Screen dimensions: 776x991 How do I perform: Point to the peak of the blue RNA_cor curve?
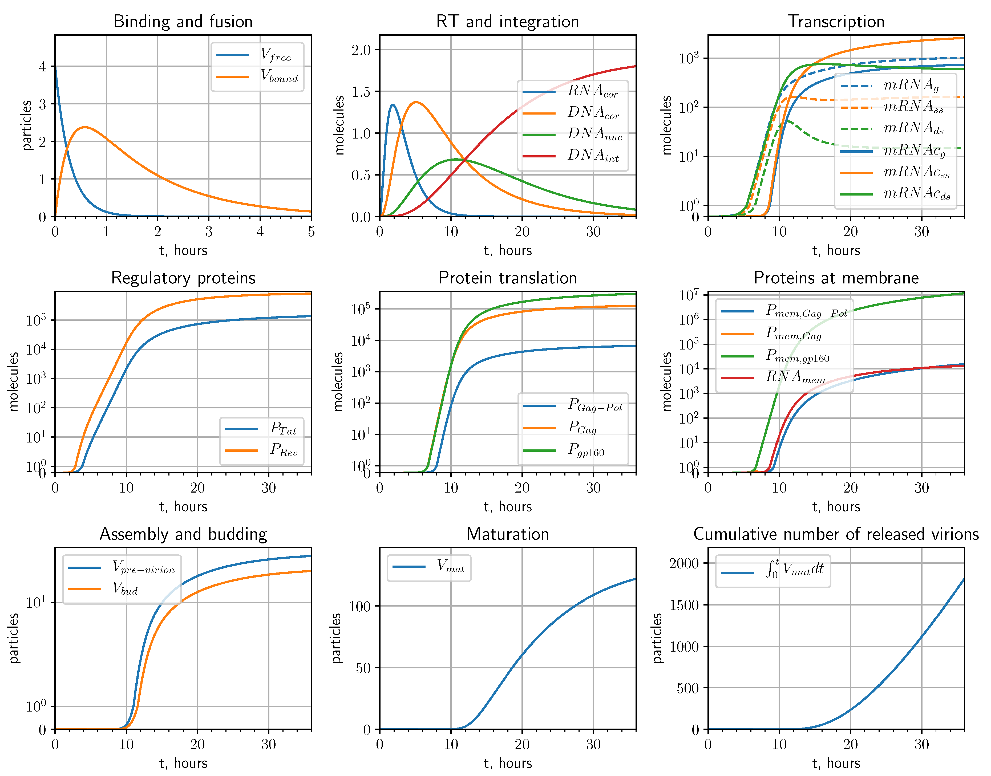[393, 105]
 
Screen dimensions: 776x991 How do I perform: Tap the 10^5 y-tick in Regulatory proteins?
[36, 320]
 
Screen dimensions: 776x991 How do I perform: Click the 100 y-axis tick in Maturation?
[360, 606]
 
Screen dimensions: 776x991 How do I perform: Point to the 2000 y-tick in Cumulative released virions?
[684, 563]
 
